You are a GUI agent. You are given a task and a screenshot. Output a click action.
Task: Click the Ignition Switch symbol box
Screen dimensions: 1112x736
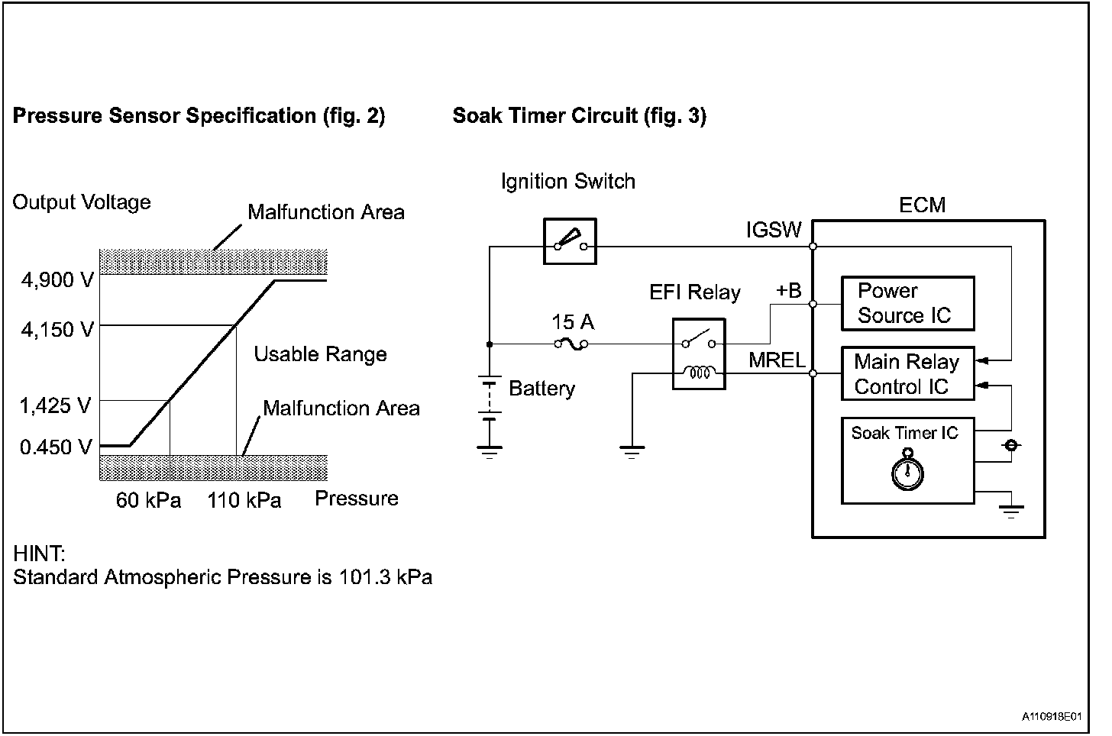tap(570, 241)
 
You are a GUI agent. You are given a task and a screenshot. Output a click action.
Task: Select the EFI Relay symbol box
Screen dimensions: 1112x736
tap(699, 353)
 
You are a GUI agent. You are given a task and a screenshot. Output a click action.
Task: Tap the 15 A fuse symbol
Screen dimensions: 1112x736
tap(571, 344)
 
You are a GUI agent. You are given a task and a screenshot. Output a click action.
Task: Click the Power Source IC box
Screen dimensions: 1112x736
tap(908, 303)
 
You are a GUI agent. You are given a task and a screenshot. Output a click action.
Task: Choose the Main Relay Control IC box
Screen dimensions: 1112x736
tap(908, 373)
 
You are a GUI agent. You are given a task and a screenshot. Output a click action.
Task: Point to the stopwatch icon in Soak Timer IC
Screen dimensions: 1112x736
tap(907, 470)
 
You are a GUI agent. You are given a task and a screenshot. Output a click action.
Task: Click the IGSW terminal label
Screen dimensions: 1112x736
tap(774, 230)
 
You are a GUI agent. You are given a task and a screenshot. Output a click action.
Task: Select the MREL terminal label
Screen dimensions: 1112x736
tap(777, 360)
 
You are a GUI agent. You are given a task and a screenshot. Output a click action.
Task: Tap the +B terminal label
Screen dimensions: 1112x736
tap(789, 291)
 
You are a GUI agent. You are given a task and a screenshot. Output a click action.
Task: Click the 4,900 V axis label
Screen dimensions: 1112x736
tap(57, 280)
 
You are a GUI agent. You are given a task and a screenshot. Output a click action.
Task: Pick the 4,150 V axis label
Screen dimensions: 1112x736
tap(57, 329)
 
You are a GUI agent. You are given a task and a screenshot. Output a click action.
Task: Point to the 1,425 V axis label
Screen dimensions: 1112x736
tap(55, 405)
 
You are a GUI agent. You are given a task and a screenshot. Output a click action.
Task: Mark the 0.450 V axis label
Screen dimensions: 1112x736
tap(56, 447)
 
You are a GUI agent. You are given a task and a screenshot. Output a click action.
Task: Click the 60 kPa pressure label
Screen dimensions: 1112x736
tap(148, 500)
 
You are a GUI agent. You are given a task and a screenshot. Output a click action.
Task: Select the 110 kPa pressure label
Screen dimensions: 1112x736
tap(244, 500)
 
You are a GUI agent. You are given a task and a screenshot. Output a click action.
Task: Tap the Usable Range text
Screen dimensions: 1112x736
tap(320, 354)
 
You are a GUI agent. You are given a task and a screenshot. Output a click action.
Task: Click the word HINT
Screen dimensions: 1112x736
tap(39, 554)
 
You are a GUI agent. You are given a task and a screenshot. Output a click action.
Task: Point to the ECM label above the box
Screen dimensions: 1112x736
tap(923, 205)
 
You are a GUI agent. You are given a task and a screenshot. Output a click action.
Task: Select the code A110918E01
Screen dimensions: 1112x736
tap(1052, 717)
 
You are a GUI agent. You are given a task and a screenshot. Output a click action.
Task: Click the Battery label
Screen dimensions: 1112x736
tap(541, 389)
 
